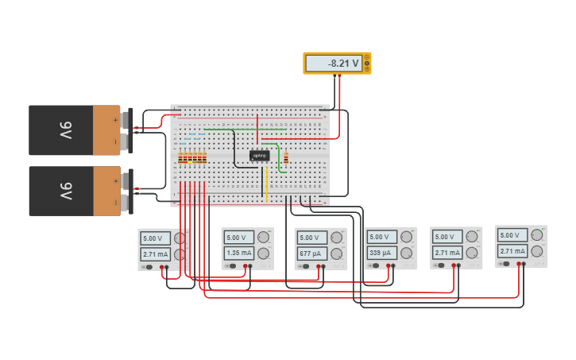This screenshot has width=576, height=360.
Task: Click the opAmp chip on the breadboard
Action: coord(259,156)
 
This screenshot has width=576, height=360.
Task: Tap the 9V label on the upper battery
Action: coord(66,130)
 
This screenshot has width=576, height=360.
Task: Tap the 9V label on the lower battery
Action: coord(66,191)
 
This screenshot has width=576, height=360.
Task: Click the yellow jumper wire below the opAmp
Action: coord(267,184)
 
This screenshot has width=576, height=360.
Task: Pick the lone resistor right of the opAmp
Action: coord(286,157)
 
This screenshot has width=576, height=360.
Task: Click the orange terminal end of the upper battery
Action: coord(106,130)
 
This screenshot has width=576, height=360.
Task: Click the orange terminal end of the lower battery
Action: coord(106,191)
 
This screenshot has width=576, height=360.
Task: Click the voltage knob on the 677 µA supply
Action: coord(337,238)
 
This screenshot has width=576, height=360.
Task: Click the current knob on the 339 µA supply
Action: coord(407,253)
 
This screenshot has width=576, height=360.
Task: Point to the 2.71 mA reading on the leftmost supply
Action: coord(155,255)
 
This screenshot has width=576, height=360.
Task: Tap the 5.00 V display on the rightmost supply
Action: coord(512,235)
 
